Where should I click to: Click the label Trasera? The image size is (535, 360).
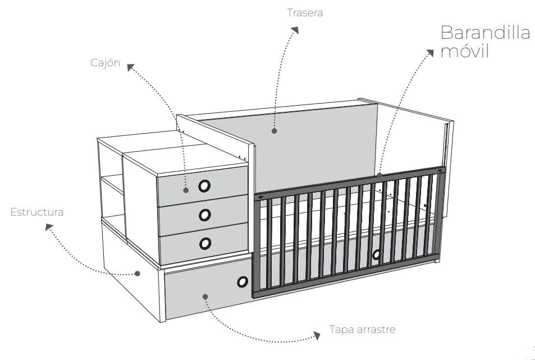[305, 12]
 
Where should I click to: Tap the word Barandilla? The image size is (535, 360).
[485, 33]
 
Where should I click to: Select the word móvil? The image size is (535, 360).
[465, 51]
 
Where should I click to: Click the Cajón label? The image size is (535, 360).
[105, 63]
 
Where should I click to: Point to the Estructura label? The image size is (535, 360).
[36, 212]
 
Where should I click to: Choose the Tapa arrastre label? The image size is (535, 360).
[362, 330]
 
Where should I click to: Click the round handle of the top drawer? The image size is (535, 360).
[204, 186]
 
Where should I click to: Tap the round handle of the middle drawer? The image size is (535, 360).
[205, 215]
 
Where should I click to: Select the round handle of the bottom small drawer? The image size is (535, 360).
[205, 243]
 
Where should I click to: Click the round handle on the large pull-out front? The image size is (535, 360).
[243, 281]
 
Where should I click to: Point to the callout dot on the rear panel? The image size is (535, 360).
[275, 131]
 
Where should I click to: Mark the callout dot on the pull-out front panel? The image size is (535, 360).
[205, 297]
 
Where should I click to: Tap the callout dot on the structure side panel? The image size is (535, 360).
[137, 274]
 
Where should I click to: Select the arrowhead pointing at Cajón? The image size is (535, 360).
[131, 67]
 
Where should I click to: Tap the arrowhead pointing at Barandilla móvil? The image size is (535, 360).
[430, 53]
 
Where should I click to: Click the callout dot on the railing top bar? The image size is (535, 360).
[379, 175]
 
